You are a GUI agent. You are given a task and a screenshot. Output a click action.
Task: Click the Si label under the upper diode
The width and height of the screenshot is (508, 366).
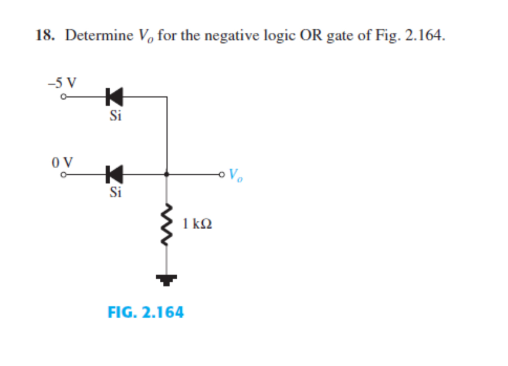pos(115,116)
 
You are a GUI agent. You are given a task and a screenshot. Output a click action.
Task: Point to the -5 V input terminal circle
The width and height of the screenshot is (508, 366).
pos(63,97)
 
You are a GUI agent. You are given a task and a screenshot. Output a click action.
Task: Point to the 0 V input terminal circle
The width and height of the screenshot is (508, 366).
pos(63,174)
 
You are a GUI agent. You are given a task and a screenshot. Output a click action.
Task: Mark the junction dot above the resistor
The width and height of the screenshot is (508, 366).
pos(167,174)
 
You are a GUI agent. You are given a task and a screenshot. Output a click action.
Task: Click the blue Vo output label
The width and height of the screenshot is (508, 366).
pos(235,175)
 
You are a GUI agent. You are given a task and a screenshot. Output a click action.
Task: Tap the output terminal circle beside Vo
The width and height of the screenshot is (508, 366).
pos(223,174)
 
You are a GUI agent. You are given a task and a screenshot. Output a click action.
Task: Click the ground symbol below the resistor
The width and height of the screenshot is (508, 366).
pos(167,279)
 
